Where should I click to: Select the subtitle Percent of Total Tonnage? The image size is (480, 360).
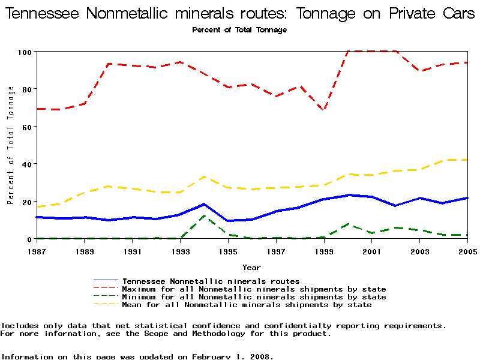[x=239, y=30]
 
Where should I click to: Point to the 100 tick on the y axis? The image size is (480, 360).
[x=24, y=52]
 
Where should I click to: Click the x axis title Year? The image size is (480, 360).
[x=251, y=267]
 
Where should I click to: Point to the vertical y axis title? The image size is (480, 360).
[x=11, y=145]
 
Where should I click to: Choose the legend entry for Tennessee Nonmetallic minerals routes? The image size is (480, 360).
[x=211, y=281]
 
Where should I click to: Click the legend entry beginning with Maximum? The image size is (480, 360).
[x=254, y=289]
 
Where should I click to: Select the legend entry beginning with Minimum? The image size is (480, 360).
[x=254, y=297]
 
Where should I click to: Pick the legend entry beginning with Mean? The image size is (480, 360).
[x=247, y=305]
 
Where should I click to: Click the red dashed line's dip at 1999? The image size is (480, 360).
[x=324, y=110]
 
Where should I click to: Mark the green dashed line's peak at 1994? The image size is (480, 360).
[x=205, y=215]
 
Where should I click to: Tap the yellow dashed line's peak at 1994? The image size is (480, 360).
[x=205, y=176]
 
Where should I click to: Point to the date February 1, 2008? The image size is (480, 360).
[x=233, y=356]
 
